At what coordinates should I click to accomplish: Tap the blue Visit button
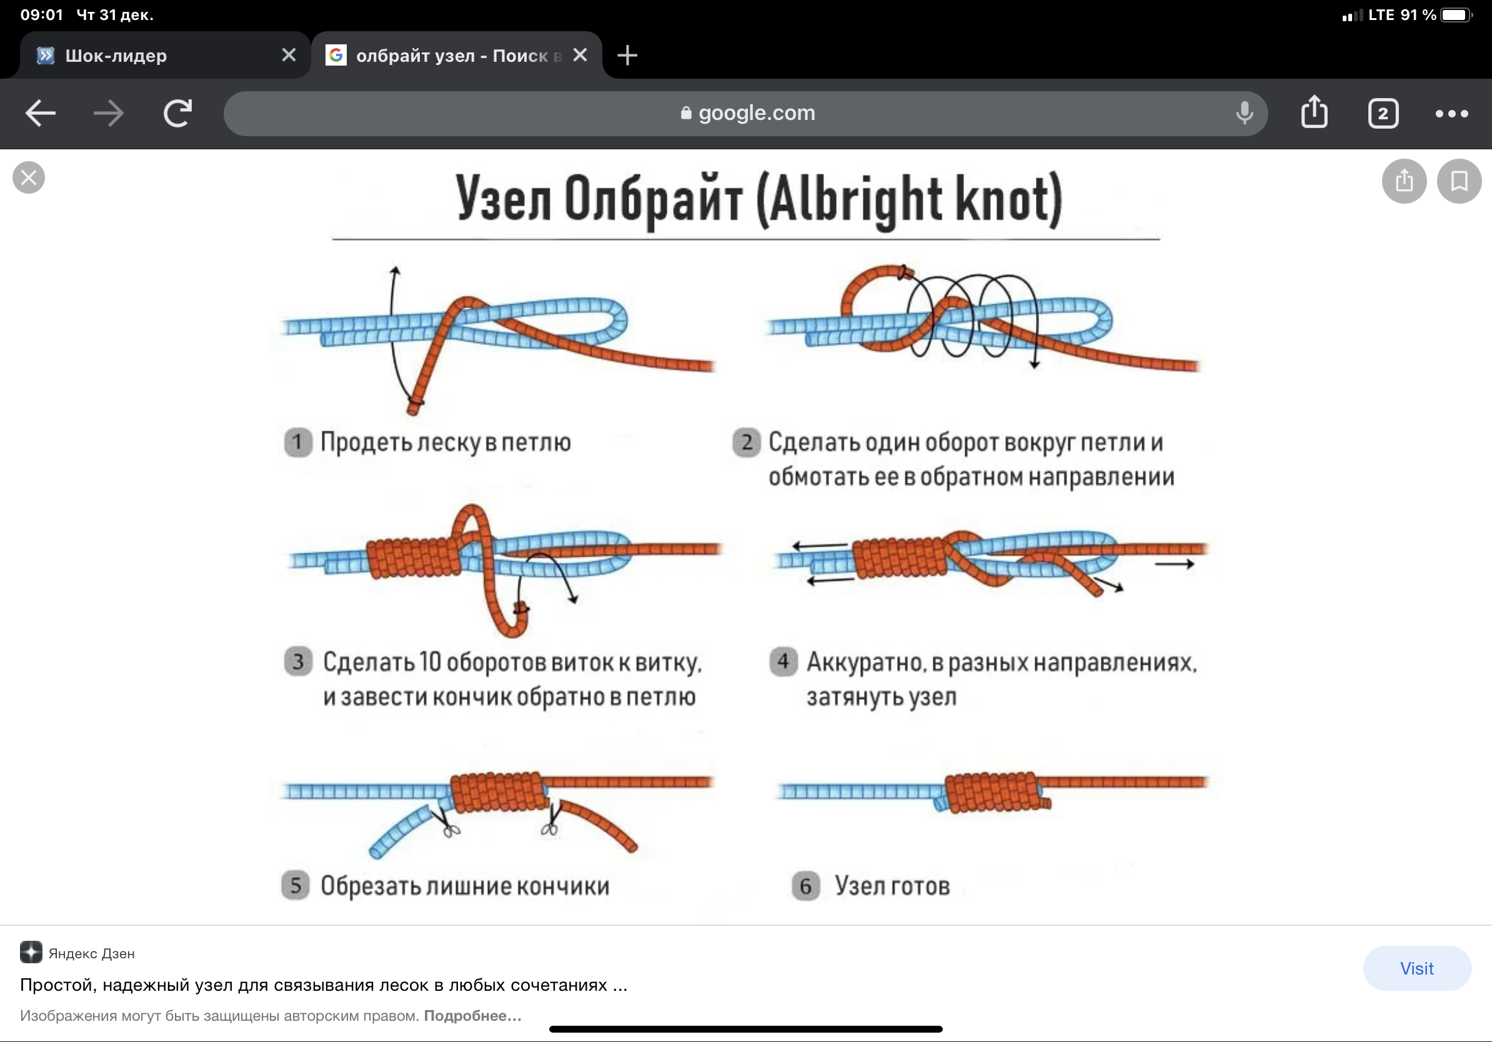tap(1416, 968)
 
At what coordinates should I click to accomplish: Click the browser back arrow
tap(40, 113)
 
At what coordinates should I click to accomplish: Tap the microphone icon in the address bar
tap(1244, 113)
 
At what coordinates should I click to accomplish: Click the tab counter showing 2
tap(1382, 114)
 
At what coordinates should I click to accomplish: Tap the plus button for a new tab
tap(627, 55)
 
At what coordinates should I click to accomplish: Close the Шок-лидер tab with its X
tap(289, 55)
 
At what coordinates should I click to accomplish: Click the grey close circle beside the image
tap(29, 177)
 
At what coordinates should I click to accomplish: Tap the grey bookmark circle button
tap(1459, 181)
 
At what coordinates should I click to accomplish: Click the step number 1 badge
tap(297, 442)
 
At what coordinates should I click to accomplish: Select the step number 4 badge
tap(783, 662)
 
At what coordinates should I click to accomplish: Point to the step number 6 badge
tap(805, 885)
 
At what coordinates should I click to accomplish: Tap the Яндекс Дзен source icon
tap(31, 952)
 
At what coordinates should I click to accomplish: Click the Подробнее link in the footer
tap(472, 1015)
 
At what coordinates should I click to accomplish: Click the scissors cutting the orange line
tap(551, 820)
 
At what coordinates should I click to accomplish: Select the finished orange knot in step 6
tap(996, 792)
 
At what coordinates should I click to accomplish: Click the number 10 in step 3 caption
tap(430, 662)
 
